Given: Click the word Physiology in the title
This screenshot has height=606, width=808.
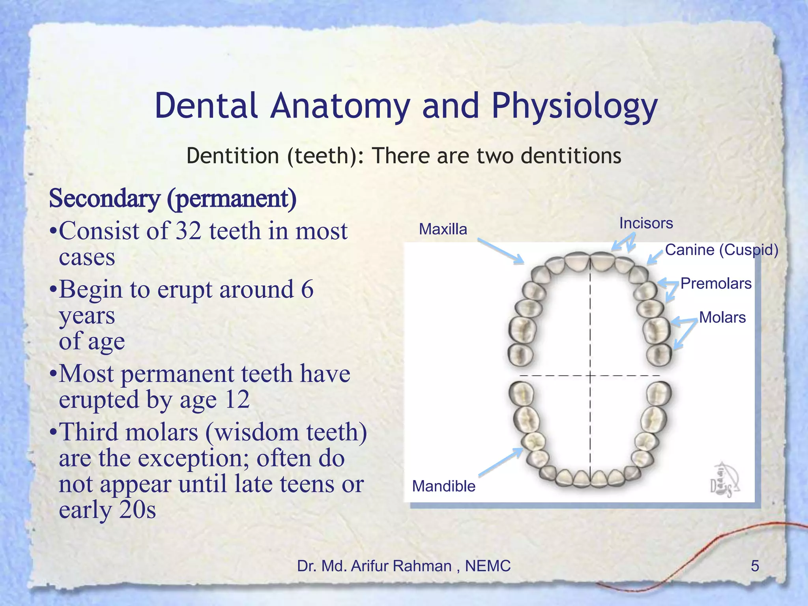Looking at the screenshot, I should point(574,107).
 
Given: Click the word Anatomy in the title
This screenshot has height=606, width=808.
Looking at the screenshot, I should point(340,107).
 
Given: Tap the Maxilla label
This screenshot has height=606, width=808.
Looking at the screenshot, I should point(443,229).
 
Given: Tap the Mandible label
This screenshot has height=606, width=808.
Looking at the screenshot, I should point(443,486).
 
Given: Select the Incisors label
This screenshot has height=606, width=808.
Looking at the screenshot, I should point(646,223).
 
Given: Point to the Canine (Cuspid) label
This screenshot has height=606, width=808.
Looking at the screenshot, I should point(722,250).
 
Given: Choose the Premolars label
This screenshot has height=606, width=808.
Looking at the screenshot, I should point(716,283).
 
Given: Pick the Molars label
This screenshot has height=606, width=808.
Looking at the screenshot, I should point(722,317).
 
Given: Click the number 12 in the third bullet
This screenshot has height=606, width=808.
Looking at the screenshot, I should point(237,400).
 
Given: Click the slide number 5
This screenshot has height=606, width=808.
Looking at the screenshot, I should point(754,566).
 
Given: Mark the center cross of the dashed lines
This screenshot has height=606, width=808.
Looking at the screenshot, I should point(590,376).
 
